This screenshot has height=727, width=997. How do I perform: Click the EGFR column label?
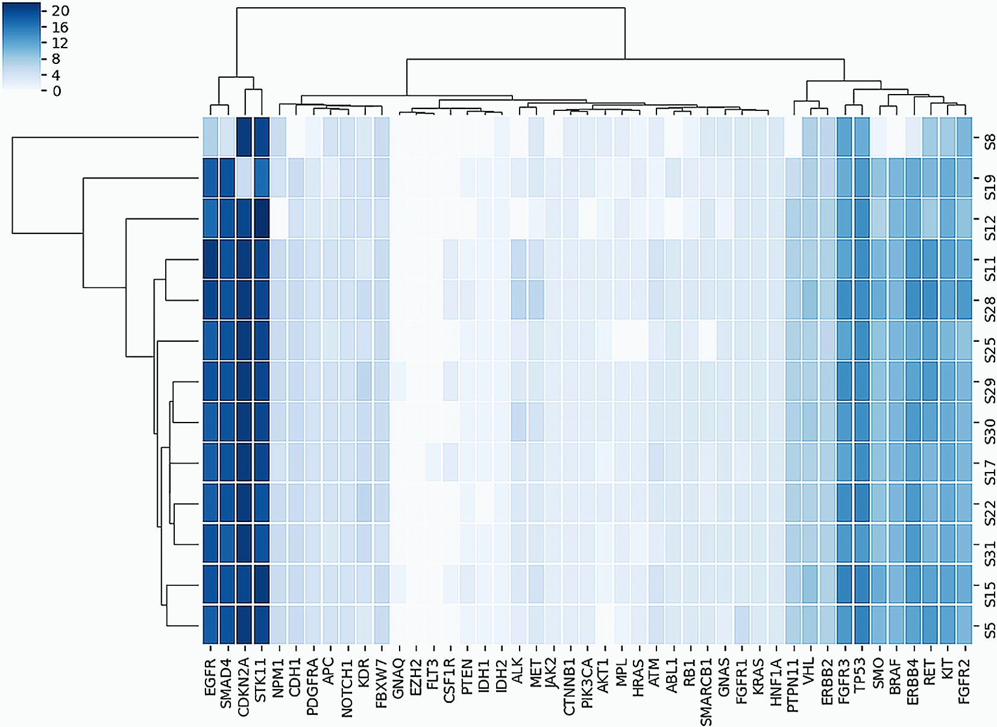coord(210,678)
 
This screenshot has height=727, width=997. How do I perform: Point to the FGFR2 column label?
coord(964,681)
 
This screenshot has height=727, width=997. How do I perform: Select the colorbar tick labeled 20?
coord(60,11)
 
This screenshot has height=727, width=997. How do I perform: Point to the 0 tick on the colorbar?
coord(57,92)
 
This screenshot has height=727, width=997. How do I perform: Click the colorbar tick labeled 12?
coord(60,43)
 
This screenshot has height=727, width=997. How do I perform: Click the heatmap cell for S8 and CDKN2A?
coord(244,137)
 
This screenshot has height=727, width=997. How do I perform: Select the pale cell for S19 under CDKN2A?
coord(244,178)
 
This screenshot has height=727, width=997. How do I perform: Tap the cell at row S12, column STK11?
coord(262,219)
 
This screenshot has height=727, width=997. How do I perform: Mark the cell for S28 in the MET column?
coord(536,300)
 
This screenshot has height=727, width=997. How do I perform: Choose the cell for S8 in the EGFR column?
coord(210,137)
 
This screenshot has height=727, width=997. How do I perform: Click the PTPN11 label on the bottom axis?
coord(793,685)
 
